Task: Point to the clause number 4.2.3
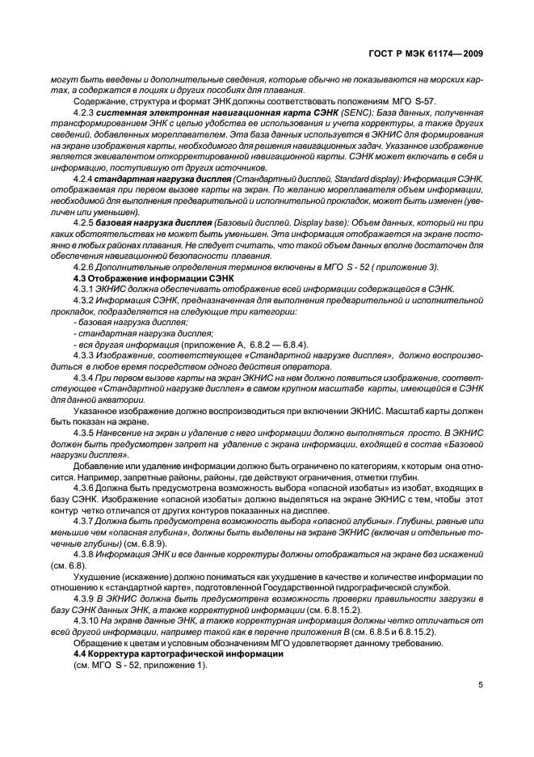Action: click(84, 112)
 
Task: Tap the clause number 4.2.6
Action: click(84, 267)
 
